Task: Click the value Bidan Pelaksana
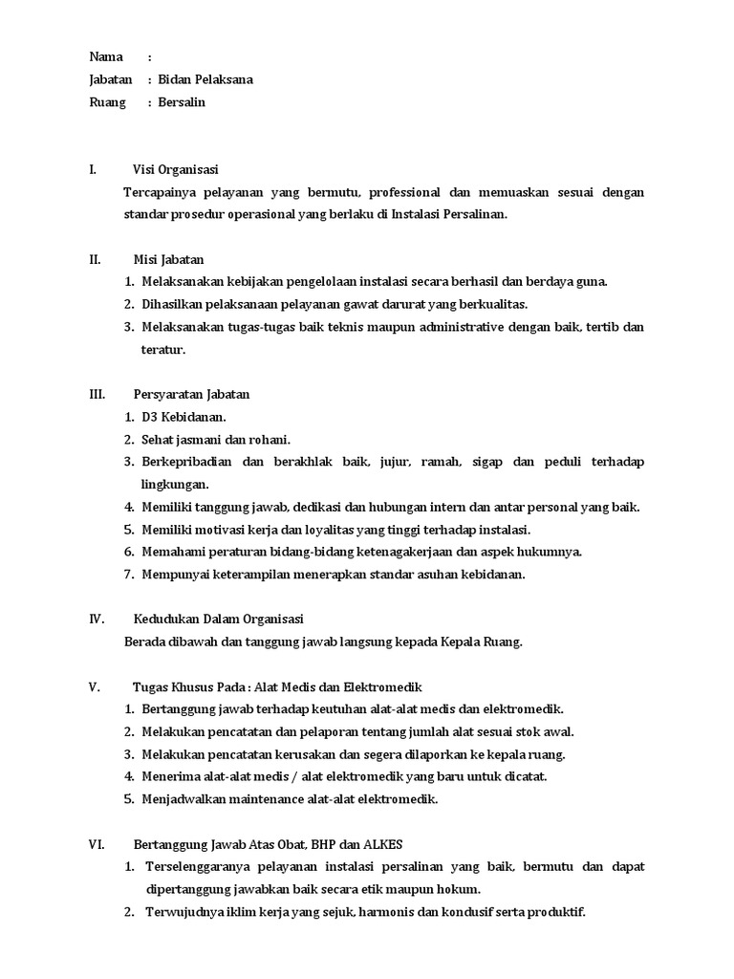[x=205, y=79]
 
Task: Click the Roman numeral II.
[x=95, y=259]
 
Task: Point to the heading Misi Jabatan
[x=167, y=259]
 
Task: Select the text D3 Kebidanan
[x=183, y=417]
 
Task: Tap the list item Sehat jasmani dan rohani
[x=215, y=440]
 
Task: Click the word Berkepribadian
[x=185, y=462]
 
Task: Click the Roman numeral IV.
[x=97, y=619]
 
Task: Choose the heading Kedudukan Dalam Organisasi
[x=218, y=619]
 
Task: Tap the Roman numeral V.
[x=94, y=686]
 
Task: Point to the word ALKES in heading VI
[x=382, y=844]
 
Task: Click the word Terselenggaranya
[x=197, y=866]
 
